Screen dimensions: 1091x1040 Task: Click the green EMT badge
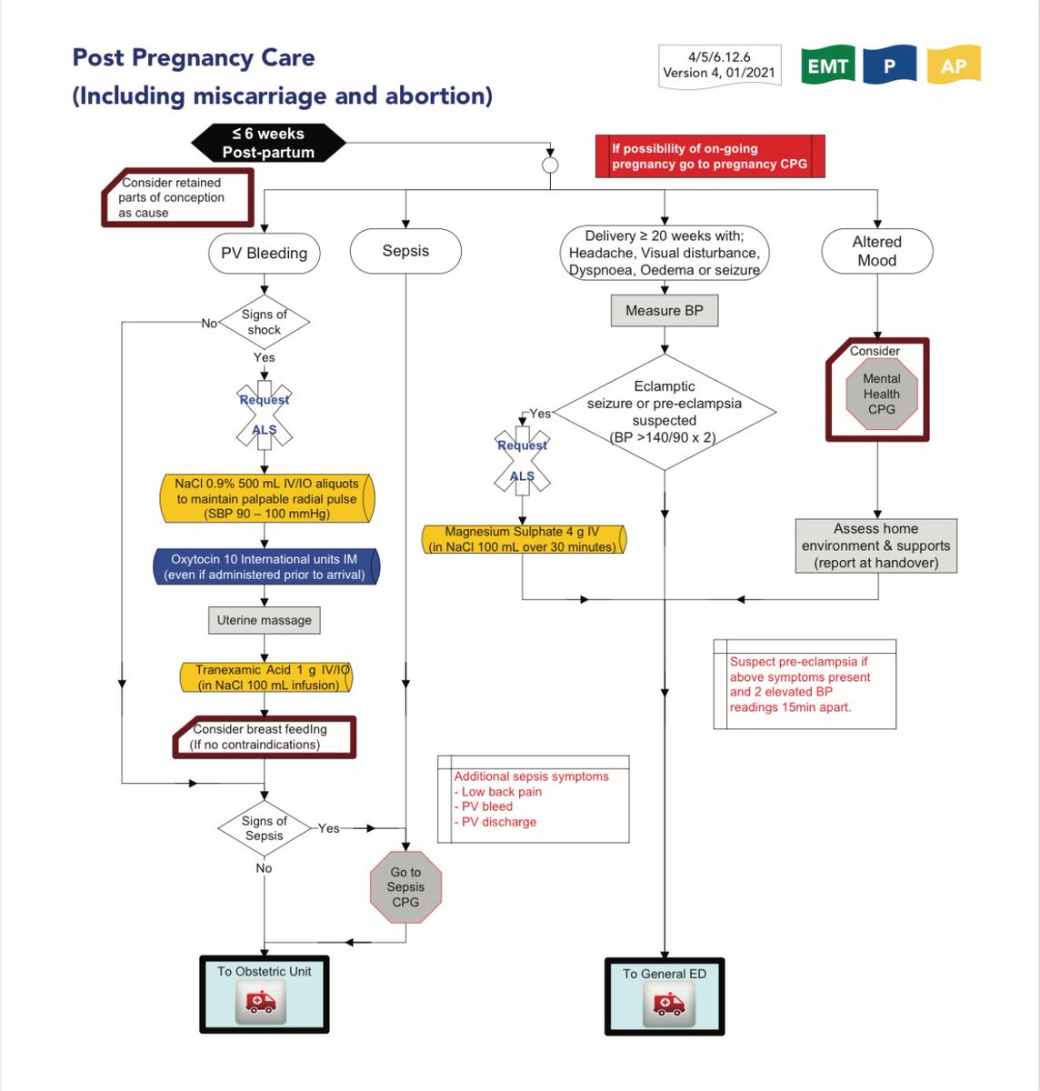[x=827, y=65]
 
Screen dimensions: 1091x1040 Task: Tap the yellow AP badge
[x=954, y=65]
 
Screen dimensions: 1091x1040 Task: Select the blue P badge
[x=889, y=65]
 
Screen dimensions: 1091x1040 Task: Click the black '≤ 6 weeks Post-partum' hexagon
[x=268, y=143]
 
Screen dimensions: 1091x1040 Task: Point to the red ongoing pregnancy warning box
[x=709, y=155]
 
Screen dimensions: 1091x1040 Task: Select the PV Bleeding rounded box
[x=264, y=253]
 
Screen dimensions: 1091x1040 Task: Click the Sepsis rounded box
[x=405, y=251]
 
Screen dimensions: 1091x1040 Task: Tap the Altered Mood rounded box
[x=876, y=251]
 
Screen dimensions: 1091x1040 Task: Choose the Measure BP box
[x=664, y=311]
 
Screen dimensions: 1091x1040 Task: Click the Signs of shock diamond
[x=264, y=322]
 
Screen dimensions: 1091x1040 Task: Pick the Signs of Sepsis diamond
[x=264, y=828]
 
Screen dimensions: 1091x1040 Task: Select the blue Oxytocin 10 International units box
[x=266, y=566]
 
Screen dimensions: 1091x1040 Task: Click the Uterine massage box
[x=264, y=620]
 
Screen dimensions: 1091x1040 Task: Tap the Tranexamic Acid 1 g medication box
[x=266, y=677]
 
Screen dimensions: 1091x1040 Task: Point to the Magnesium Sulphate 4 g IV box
[x=524, y=539]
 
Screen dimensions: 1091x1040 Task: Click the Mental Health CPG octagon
[x=880, y=394]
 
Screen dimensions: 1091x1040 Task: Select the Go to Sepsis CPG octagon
[x=405, y=886]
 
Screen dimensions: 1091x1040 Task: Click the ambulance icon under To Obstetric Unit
[x=260, y=1003]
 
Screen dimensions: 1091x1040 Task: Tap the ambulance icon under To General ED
[x=669, y=1005]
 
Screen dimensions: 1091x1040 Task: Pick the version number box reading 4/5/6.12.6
[x=719, y=65]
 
